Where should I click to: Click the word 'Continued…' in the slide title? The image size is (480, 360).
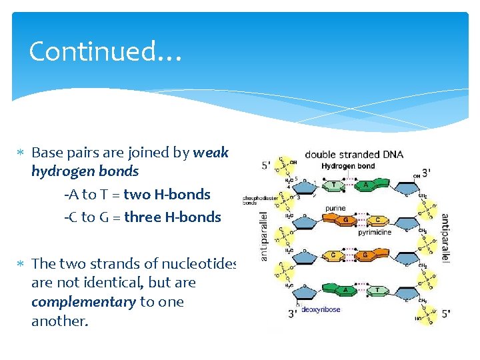click(105, 51)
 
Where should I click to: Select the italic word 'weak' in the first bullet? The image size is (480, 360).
click(211, 153)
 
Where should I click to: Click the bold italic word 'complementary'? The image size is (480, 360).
click(83, 302)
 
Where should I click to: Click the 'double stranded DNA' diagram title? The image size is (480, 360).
click(354, 155)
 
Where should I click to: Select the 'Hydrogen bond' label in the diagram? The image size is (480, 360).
click(348, 166)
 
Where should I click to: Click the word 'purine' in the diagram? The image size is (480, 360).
click(335, 208)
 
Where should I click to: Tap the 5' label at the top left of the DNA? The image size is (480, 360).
click(266, 165)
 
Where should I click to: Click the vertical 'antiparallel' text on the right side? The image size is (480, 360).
click(445, 239)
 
